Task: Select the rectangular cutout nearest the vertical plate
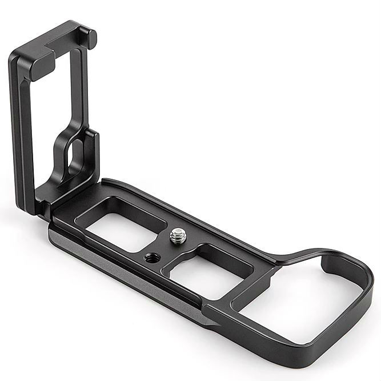click(x=117, y=219)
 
